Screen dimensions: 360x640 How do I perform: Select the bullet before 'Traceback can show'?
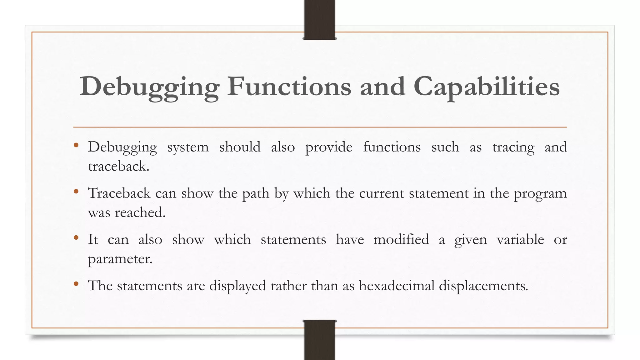point(76,192)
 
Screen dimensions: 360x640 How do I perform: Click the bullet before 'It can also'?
point(76,238)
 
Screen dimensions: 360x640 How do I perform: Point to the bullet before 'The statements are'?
point(76,284)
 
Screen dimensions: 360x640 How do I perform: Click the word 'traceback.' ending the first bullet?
point(118,166)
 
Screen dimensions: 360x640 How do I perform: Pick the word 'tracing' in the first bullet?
point(513,147)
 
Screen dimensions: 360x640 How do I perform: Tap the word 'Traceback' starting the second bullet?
point(119,193)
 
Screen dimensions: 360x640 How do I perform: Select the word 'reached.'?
point(140,212)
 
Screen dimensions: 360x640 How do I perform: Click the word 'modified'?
point(401,239)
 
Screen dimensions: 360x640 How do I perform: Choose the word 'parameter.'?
point(120,259)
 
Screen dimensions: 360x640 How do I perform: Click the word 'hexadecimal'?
point(397,286)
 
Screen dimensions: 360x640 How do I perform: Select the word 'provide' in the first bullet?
point(329,147)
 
